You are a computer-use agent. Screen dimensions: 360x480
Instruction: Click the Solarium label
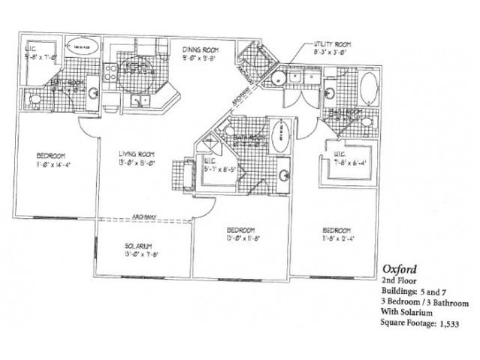[x=139, y=246]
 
